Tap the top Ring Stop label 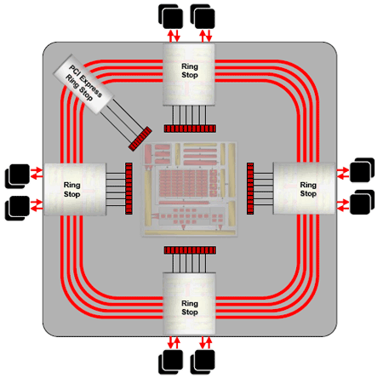point(190,71)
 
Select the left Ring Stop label point(71,190)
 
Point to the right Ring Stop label point(308,189)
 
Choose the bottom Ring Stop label point(190,307)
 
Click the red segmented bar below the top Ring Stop point(190,129)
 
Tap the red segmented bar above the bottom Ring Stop point(190,250)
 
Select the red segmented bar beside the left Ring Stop point(129,188)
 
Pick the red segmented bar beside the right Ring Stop point(250,188)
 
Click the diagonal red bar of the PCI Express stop point(140,139)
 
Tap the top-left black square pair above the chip point(170,16)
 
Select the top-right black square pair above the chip point(203,16)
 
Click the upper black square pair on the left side point(17,176)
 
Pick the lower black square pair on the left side point(17,208)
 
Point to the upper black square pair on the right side point(363,170)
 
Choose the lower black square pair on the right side point(363,202)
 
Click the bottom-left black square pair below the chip point(170,362)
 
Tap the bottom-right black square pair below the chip point(203,362)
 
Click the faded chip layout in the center point(189,189)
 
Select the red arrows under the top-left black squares point(174,36)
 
